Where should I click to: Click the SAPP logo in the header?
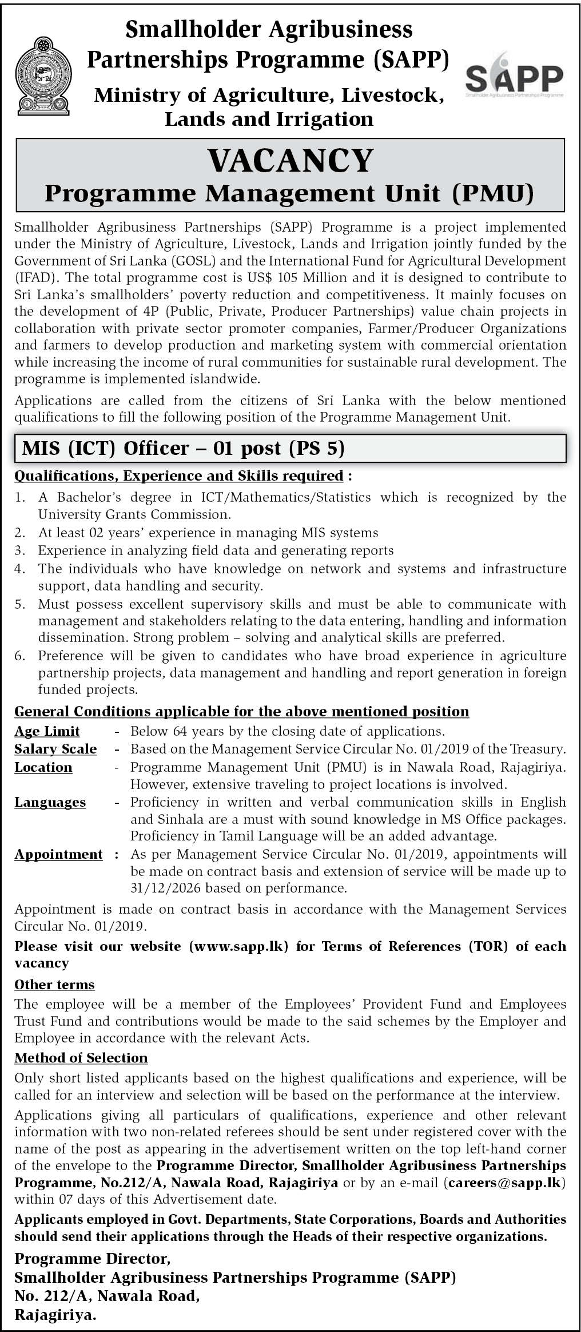coord(514,76)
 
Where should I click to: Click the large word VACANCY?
coord(290,161)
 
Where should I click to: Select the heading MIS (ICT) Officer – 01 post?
coord(183,447)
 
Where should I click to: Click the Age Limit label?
coord(47,731)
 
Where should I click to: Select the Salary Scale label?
coord(55,749)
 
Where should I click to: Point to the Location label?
coord(43,767)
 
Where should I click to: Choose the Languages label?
coord(50,803)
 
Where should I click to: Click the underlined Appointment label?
coord(58,854)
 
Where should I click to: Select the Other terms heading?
coord(54,985)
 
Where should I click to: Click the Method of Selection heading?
coord(81,1058)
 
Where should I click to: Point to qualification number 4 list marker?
coord(20,569)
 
